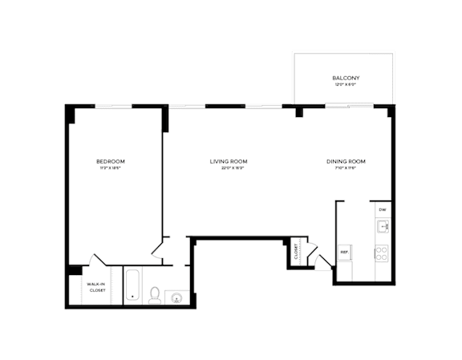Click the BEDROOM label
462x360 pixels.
pos(111,161)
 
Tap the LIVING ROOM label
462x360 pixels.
pos(226,161)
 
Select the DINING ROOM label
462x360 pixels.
pos(346,161)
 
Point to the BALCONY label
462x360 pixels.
pos(344,78)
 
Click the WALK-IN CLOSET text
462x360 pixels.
pos(96,288)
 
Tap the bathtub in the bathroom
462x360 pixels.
pos(133,286)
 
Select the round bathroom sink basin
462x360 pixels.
pos(177,299)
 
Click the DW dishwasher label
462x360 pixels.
pos(383,210)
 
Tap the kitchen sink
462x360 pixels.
pos(383,228)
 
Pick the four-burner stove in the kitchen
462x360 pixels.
pos(382,254)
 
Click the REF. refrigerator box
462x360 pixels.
pos(345,252)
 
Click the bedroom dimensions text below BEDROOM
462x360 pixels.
pos(111,168)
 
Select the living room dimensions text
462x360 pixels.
pos(226,168)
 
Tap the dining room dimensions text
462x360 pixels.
pos(346,168)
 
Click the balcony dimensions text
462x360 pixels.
pos(344,84)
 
